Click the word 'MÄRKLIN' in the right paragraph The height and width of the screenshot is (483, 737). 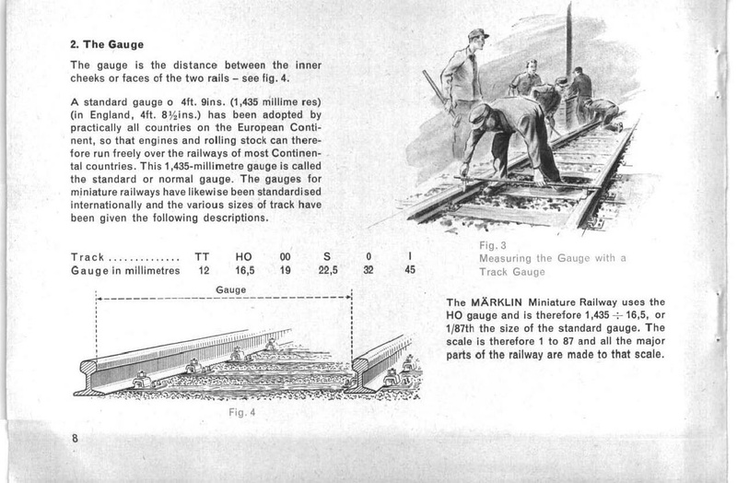point(506,301)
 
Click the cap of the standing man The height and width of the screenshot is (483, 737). point(477,35)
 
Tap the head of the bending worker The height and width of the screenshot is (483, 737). point(482,116)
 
